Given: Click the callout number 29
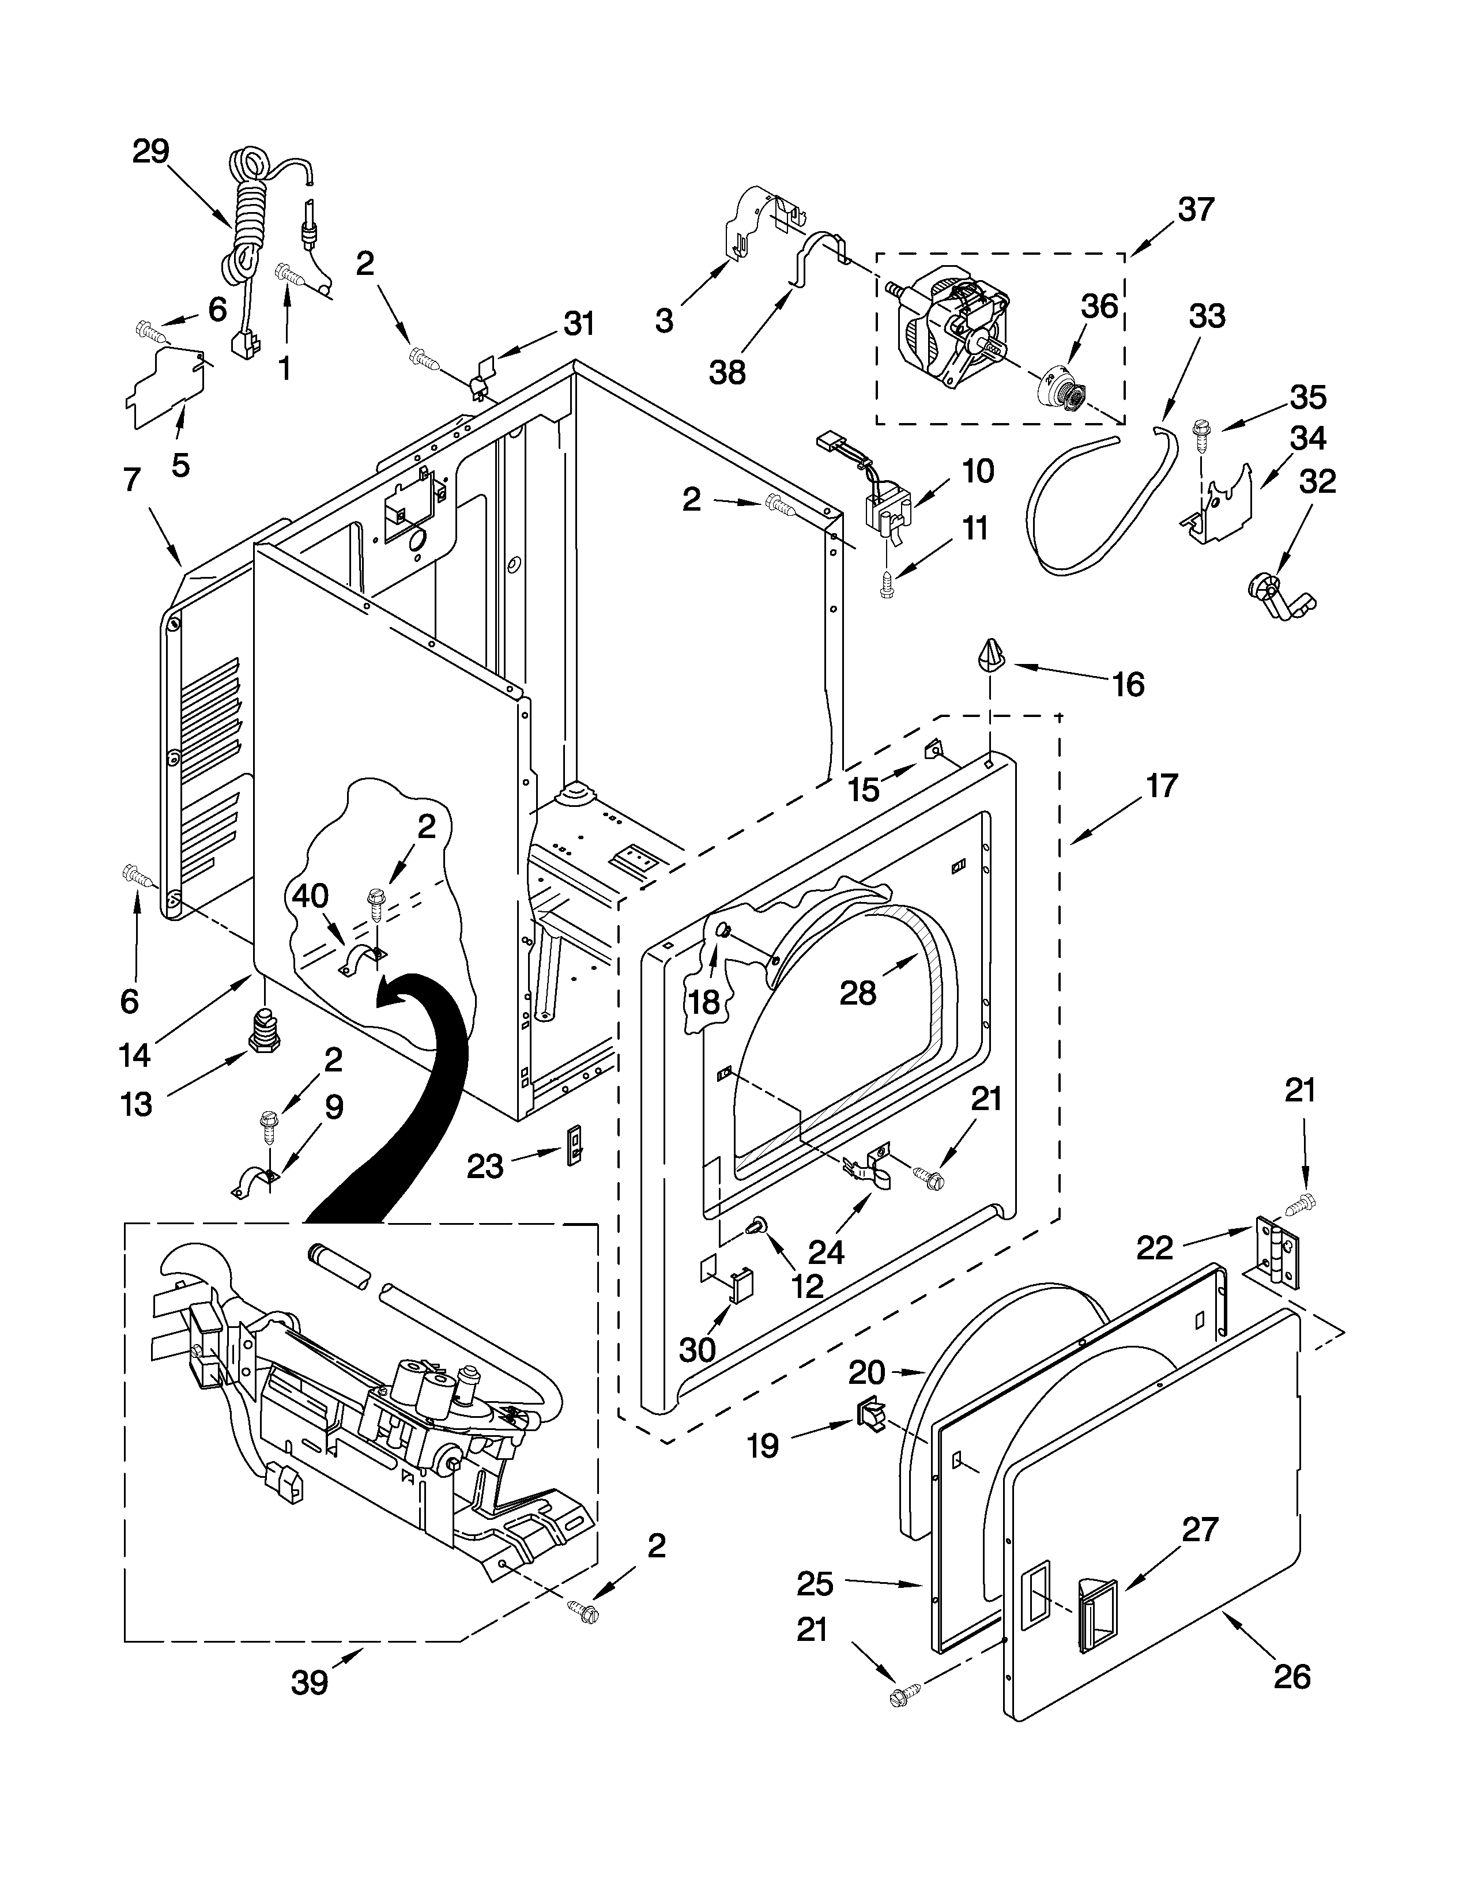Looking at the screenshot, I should click(x=150, y=152).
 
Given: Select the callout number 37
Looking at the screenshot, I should click(x=1196, y=210).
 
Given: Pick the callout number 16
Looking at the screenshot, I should click(x=1129, y=685).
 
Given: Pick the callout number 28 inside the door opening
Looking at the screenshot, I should click(x=858, y=991).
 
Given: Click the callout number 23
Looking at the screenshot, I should click(x=484, y=1165).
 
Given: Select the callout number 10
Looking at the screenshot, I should click(x=978, y=471).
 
